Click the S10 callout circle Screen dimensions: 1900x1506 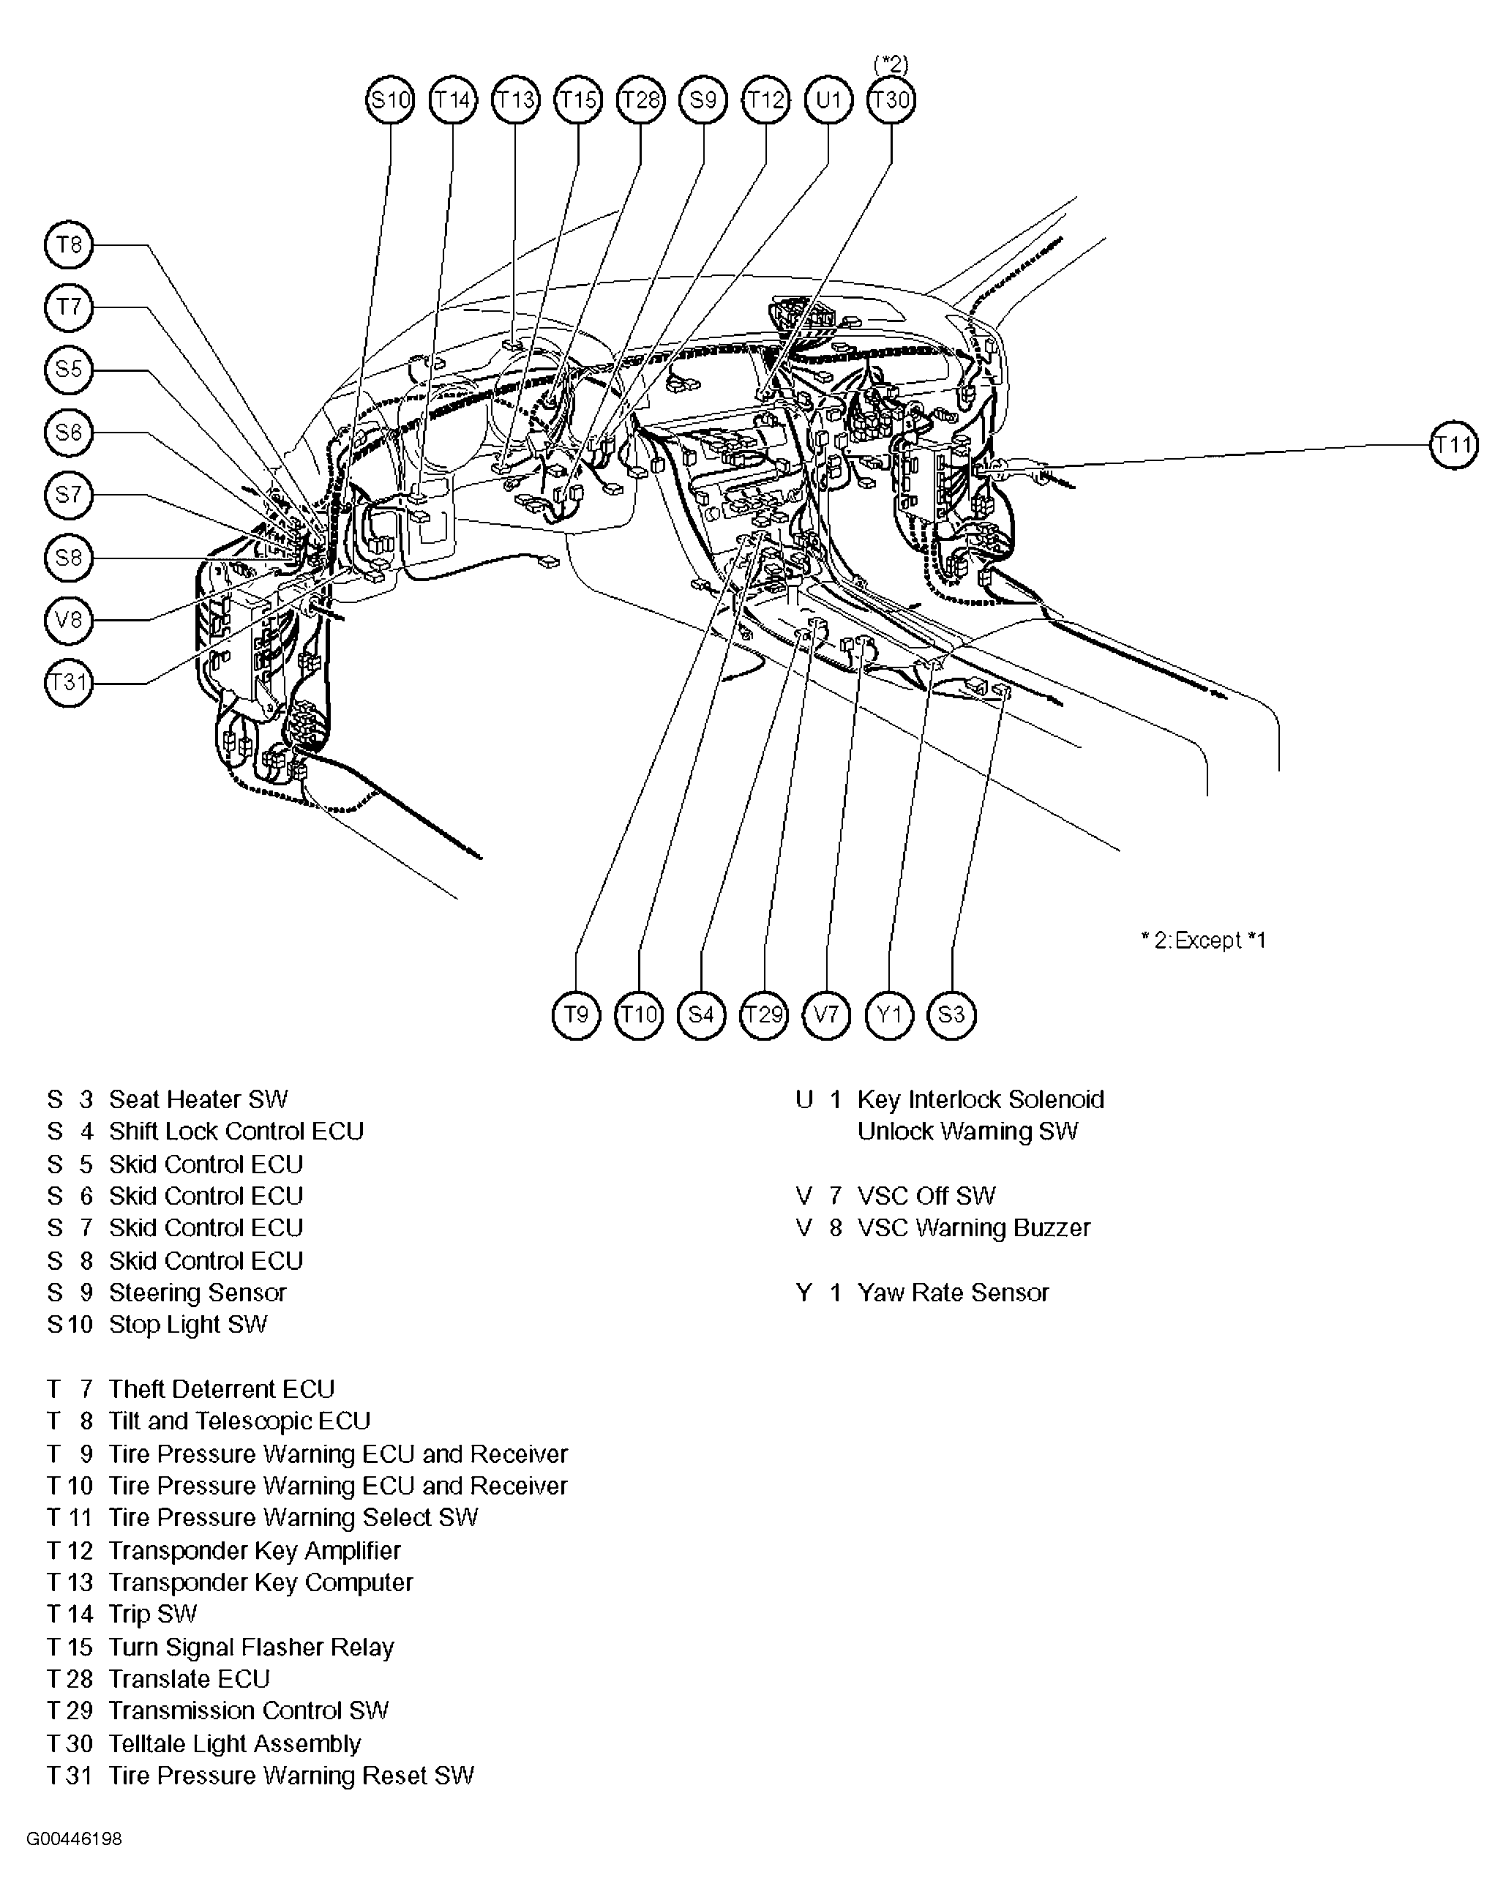pos(389,100)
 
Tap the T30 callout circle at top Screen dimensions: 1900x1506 pos(891,100)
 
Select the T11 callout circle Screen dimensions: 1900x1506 pos(1453,445)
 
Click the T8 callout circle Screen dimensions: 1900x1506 pos(69,245)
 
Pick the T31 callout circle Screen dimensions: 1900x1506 pos(69,683)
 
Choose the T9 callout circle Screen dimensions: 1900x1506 pos(575,1015)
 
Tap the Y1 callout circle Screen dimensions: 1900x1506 pos(889,1015)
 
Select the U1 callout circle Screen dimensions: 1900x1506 pos(828,100)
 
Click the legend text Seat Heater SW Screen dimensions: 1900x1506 pos(198,1100)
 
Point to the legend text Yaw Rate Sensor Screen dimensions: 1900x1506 pos(953,1293)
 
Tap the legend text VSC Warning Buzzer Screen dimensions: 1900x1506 pos(974,1228)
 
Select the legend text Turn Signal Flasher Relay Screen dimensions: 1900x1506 pos(251,1647)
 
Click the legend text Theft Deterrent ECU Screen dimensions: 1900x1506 pos(221,1390)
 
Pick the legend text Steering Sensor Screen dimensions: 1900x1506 pos(198,1293)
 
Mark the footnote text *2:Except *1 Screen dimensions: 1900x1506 pos(1203,940)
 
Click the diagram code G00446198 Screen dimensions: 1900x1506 pos(74,1839)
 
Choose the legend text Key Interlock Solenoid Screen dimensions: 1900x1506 pos(980,1100)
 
